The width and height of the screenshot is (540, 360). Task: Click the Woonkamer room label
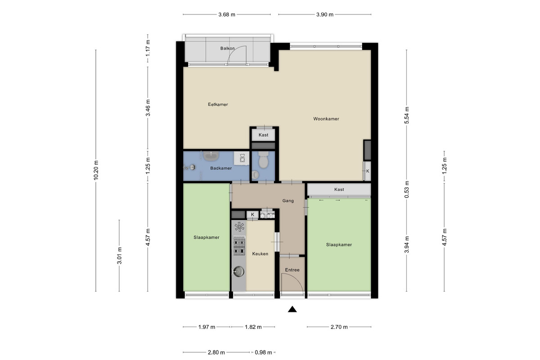(x=326, y=119)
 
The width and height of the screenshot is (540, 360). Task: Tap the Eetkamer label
(x=218, y=104)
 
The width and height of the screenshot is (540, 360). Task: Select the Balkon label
(x=227, y=48)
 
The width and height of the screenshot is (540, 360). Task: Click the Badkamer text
(x=221, y=168)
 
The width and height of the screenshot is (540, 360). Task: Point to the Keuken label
(x=260, y=254)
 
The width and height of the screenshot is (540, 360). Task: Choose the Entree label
(x=292, y=270)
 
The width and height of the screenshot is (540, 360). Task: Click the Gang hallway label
(x=288, y=201)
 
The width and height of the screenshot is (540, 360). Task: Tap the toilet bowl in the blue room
(x=263, y=159)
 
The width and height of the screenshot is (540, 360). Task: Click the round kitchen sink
(x=238, y=271)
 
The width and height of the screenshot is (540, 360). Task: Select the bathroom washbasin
(x=211, y=156)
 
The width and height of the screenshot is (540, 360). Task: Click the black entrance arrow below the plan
(x=292, y=309)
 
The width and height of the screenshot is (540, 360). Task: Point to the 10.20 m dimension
(x=96, y=170)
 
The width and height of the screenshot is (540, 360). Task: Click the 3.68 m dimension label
(x=227, y=14)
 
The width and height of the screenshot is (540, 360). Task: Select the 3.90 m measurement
(x=325, y=14)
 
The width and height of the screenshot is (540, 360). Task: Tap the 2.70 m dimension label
(x=339, y=327)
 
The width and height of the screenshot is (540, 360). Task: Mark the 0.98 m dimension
(x=263, y=352)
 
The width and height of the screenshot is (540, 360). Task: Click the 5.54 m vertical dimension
(x=407, y=115)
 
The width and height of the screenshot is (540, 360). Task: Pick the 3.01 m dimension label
(x=119, y=256)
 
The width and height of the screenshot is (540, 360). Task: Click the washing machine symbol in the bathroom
(x=242, y=158)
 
